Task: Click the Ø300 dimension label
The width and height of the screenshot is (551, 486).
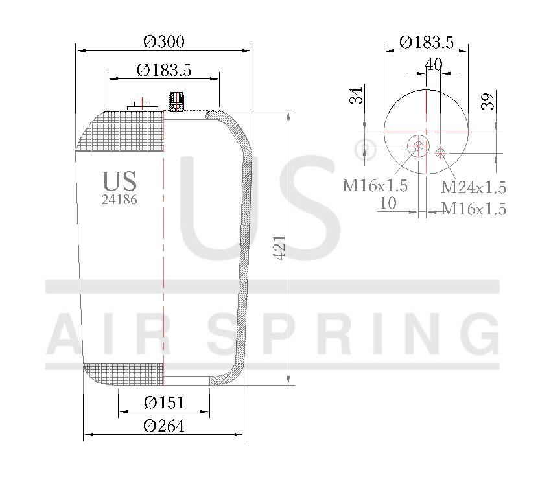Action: pos(163,41)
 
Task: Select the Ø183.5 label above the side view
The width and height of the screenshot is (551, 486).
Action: pos(163,70)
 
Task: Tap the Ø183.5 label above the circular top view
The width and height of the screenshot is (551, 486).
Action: pos(425,43)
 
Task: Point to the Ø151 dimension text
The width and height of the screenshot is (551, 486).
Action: pos(163,402)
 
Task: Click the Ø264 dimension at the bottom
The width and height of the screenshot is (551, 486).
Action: pos(163,426)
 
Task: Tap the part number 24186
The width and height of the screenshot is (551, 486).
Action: pos(119,200)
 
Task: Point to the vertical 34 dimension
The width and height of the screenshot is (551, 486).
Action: pos(355,97)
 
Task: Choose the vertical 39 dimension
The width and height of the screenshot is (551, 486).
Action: pos(488,100)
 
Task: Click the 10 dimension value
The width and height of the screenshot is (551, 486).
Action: pos(387,203)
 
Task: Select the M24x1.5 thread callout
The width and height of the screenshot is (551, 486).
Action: pos(473,188)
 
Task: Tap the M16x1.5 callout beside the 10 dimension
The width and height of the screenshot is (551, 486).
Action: pos(473,209)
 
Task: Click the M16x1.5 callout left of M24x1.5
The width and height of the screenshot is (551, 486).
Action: pos(375,186)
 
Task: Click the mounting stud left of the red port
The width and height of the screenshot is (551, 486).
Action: pos(141,105)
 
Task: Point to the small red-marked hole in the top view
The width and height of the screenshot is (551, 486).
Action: pos(441,153)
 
